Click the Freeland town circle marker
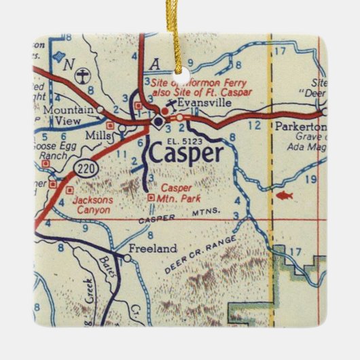[x=126, y=258]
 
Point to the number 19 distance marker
[x=312, y=179]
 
